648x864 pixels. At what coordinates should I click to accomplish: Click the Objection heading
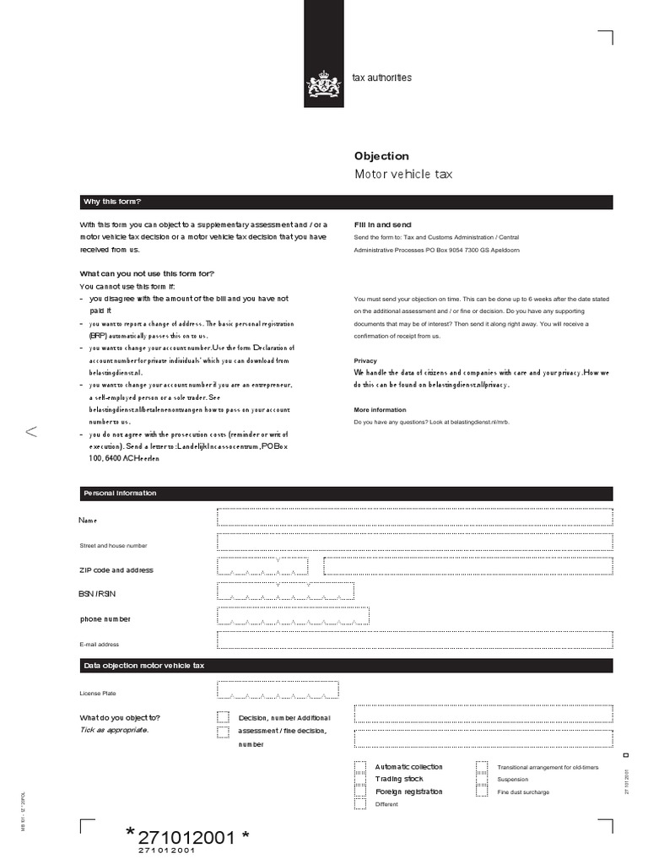point(381,156)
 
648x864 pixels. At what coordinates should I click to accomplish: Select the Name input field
point(414,517)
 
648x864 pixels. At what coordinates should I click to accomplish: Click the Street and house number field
point(414,542)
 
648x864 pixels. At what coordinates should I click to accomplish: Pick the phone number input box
point(293,617)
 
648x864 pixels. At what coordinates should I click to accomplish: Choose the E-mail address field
point(414,640)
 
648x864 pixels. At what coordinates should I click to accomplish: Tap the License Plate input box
point(278,690)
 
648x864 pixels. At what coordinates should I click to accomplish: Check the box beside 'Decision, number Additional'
point(223,717)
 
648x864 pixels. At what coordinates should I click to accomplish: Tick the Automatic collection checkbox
point(360,767)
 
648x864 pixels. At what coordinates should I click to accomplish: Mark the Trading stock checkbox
point(360,779)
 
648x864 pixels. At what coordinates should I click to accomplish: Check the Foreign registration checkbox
point(360,791)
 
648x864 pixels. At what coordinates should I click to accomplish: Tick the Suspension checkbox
point(482,779)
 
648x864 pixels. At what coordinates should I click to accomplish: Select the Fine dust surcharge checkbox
point(482,791)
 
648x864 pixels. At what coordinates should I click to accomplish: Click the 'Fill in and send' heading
point(382,225)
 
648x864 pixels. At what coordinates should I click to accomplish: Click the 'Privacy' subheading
point(365,360)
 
